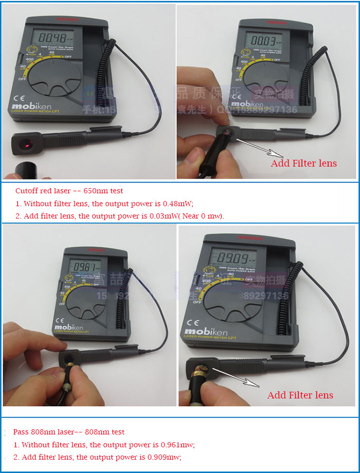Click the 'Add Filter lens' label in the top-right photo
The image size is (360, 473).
pos(303,163)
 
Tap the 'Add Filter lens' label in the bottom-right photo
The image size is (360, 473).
pos(300,395)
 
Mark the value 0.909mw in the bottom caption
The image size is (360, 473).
pos(166,457)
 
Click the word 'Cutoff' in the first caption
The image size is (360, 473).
pos(27,191)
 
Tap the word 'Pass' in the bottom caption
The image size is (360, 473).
pos(22,432)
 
